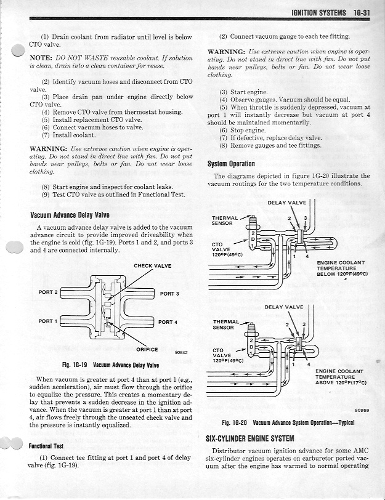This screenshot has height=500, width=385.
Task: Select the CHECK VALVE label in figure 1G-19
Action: point(153,266)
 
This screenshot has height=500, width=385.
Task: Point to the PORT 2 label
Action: point(48,292)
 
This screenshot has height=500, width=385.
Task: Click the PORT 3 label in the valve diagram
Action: point(169,294)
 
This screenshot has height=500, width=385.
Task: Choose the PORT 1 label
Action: point(48,321)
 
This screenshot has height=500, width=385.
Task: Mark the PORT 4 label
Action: point(168,322)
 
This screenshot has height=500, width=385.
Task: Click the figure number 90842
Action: point(181,353)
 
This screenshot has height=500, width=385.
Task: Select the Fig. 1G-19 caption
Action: point(106,365)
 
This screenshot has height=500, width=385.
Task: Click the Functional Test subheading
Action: point(51,446)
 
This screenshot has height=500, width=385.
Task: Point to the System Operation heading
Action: point(231,164)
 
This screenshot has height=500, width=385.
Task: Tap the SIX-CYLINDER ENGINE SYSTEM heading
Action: point(257,438)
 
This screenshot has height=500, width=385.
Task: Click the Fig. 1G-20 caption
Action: point(288,423)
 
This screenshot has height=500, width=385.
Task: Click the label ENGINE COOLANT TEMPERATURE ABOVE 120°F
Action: point(339,376)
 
